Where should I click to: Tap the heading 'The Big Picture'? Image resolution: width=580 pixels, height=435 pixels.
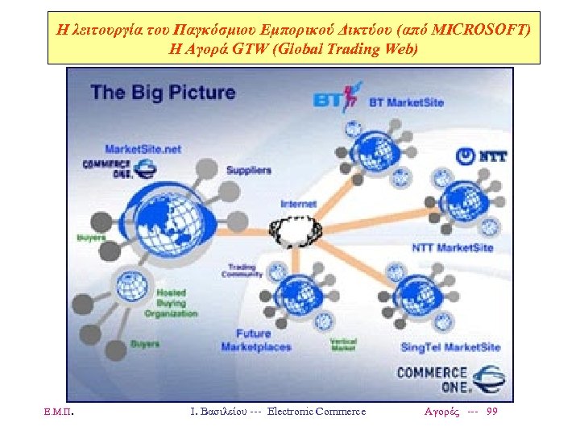(163, 92)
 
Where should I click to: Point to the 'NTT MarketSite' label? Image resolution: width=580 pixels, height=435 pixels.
(452, 247)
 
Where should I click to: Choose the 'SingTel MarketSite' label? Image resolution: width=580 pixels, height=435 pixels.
(450, 347)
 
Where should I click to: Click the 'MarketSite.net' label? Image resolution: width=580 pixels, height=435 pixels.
(143, 148)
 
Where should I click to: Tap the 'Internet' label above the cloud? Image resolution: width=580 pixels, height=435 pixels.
(298, 204)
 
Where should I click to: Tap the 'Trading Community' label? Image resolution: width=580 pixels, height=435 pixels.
(242, 270)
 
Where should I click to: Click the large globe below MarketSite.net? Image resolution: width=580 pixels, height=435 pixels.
(168, 211)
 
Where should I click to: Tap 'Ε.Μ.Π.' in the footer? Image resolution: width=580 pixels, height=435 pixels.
(61, 412)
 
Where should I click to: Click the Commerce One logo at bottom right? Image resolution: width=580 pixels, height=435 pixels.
(450, 379)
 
